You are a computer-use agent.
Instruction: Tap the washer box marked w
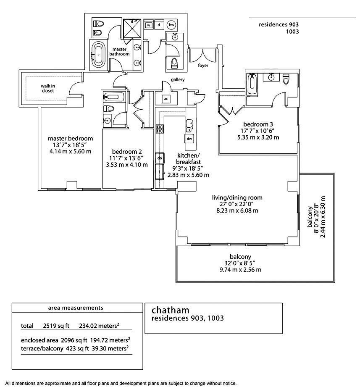[149, 25]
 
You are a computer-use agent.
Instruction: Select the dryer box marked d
[159, 25]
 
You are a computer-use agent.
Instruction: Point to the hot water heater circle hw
[171, 25]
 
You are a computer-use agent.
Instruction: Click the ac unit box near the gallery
[166, 99]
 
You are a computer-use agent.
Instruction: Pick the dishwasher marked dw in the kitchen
[189, 138]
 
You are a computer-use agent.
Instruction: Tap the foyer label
[204, 66]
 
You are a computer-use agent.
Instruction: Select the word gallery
[177, 79]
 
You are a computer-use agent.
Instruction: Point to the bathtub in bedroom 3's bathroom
[252, 83]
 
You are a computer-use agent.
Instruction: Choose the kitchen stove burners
[160, 129]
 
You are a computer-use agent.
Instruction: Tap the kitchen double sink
[189, 123]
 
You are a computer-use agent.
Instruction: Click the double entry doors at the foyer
[203, 54]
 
